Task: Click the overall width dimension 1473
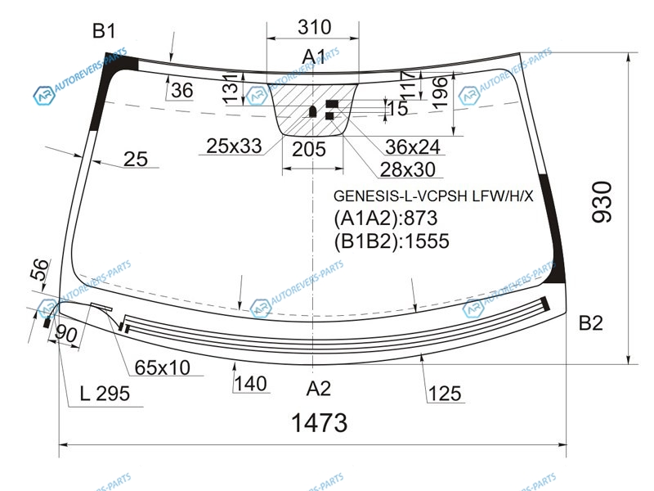point(319,422)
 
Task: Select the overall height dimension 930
point(602,201)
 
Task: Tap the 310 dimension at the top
point(315,27)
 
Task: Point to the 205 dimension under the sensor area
point(309,149)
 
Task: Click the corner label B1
point(104,31)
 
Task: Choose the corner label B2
point(591,322)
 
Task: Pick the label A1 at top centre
point(314,56)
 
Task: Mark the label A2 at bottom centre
point(319,389)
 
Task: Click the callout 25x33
point(234,146)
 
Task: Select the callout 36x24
point(413,146)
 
